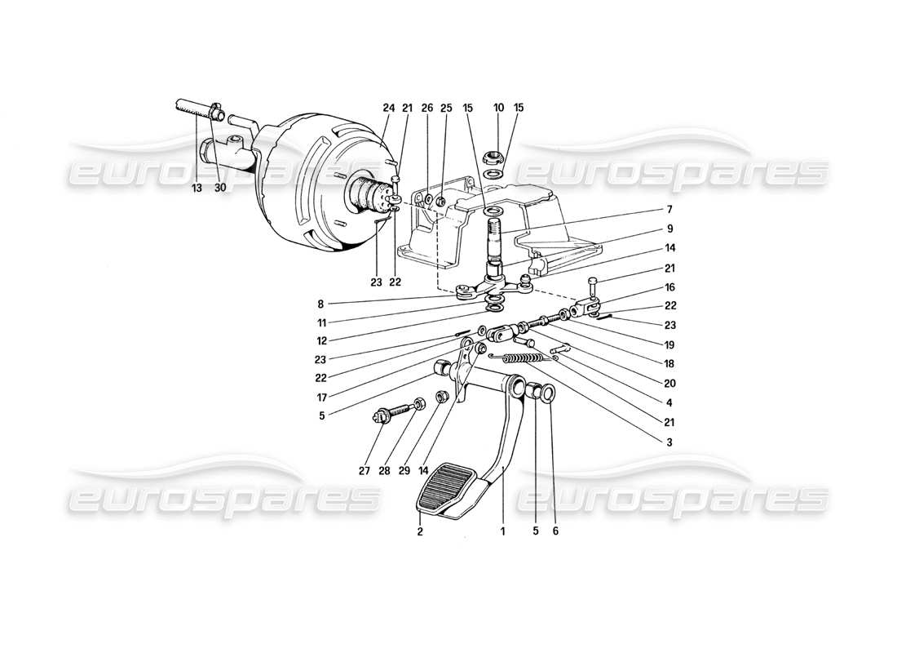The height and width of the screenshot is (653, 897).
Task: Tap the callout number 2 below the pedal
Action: [x=420, y=531]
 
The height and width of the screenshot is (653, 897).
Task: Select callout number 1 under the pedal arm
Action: [x=503, y=531]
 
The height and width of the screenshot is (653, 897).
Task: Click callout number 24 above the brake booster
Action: [x=388, y=108]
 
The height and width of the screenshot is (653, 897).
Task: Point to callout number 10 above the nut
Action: [x=498, y=108]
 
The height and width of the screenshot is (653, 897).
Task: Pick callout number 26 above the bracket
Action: [x=427, y=108]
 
